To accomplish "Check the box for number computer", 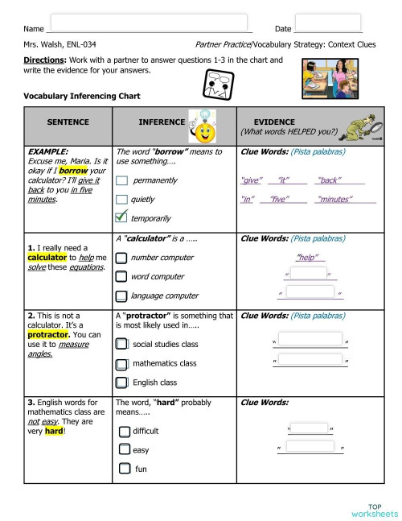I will (x=121, y=258).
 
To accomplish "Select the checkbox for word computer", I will (x=121, y=277).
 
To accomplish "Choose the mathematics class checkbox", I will (x=121, y=363).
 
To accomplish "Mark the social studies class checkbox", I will (x=121, y=344).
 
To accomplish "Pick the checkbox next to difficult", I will (x=124, y=432).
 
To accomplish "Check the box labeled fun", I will (x=124, y=469).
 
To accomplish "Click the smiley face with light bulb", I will (x=202, y=126).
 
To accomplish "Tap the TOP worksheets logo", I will (x=374, y=510).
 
